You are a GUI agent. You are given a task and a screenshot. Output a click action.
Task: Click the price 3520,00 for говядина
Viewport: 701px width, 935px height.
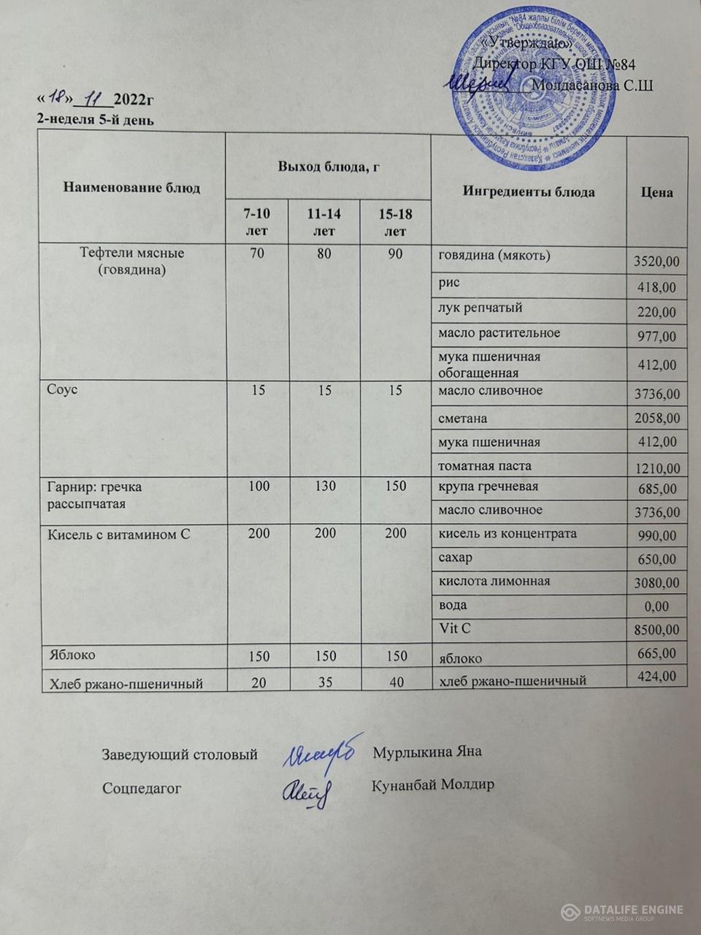click(x=656, y=262)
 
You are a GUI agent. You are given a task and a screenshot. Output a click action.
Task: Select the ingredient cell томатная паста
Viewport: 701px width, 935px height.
click(x=484, y=466)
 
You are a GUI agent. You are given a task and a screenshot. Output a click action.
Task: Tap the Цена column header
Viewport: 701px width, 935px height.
click(x=656, y=192)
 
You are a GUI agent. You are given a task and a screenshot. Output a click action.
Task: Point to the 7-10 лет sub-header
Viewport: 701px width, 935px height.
click(x=256, y=222)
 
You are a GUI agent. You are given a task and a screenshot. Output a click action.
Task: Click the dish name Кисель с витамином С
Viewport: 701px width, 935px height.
click(x=119, y=535)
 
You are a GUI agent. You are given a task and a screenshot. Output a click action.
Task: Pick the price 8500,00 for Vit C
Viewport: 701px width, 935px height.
click(x=656, y=629)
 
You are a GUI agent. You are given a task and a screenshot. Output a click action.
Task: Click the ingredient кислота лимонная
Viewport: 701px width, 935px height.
click(x=494, y=581)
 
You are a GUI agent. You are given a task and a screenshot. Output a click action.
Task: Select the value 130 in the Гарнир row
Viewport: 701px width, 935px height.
click(x=324, y=486)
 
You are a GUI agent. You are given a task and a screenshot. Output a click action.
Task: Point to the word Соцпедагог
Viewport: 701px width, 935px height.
click(x=142, y=788)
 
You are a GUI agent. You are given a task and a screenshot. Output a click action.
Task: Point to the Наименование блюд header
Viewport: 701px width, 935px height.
click(x=131, y=188)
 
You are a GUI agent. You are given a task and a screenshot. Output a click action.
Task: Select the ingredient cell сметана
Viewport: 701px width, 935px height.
click(x=462, y=419)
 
